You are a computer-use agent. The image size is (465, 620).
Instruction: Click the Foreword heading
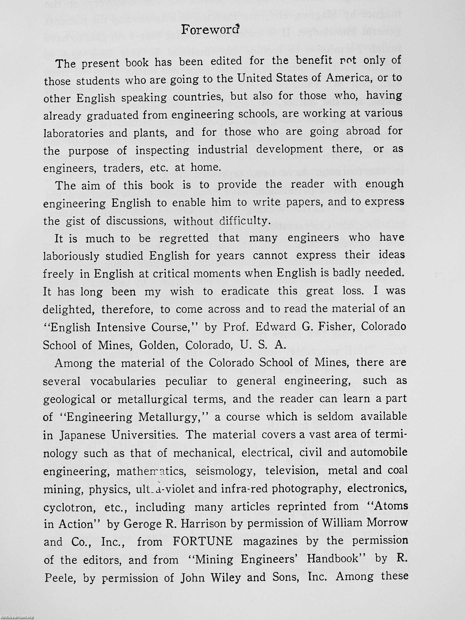click(210, 29)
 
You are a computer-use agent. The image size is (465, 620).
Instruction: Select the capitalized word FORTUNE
click(203, 542)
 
